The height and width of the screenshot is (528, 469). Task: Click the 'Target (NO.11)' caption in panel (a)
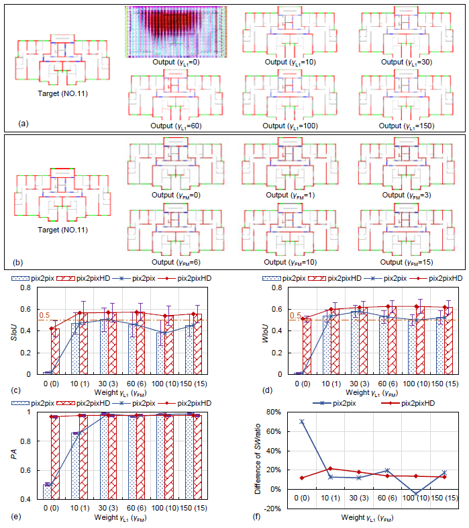coord(58,93)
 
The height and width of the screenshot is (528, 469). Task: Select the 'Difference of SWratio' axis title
coord(258,461)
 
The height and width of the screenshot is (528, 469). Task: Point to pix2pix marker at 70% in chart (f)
coord(302,421)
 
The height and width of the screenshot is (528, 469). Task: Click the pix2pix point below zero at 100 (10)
coord(417,494)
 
